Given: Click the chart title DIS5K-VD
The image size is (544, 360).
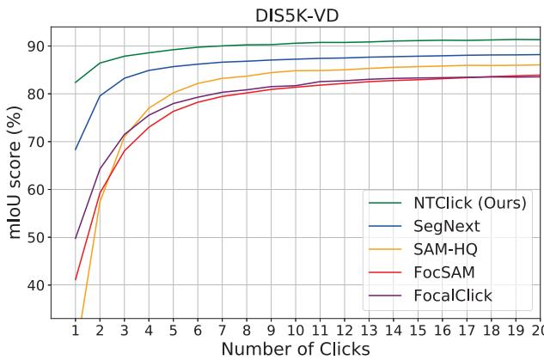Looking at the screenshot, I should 296,15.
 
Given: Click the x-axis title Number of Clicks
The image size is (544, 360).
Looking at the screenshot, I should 296,348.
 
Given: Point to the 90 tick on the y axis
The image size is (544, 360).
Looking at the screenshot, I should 39,46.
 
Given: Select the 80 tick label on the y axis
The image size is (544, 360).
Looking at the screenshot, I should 39,94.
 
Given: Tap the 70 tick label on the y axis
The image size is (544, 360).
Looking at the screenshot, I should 39,141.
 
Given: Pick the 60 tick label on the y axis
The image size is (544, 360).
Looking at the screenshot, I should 39,189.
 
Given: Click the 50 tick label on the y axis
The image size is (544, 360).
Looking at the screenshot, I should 39,237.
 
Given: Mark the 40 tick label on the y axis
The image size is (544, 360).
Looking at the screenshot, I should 39,284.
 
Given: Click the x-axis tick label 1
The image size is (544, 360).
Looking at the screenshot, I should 76,329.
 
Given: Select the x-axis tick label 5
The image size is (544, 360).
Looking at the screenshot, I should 174,329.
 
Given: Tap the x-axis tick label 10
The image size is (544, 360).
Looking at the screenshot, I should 296,329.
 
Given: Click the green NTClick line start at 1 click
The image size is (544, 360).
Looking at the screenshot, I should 76,82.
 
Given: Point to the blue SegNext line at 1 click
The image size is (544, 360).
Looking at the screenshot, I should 76,149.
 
